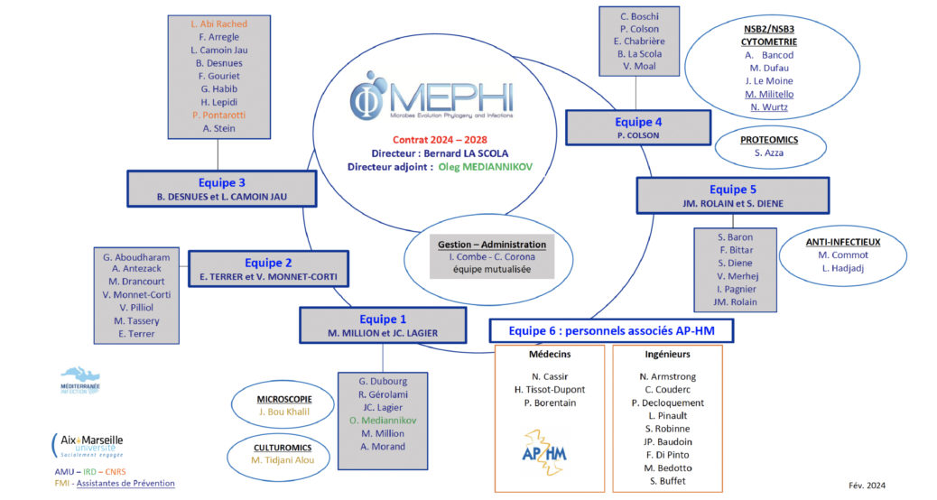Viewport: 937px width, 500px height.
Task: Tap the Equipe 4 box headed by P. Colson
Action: click(637, 127)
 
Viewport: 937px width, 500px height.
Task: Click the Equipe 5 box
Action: click(732, 195)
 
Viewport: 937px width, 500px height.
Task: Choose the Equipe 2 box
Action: click(269, 269)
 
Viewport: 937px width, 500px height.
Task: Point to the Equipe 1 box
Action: click(383, 325)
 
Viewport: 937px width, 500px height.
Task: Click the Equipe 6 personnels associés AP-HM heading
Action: click(611, 330)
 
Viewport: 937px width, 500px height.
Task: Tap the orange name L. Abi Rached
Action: click(219, 23)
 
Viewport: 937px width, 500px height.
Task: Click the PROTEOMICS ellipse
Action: click(768, 147)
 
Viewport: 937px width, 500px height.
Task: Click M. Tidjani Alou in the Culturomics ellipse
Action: click(288, 460)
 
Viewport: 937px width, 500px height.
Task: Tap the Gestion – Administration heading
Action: click(491, 245)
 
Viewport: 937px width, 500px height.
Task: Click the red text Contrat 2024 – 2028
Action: click(440, 139)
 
